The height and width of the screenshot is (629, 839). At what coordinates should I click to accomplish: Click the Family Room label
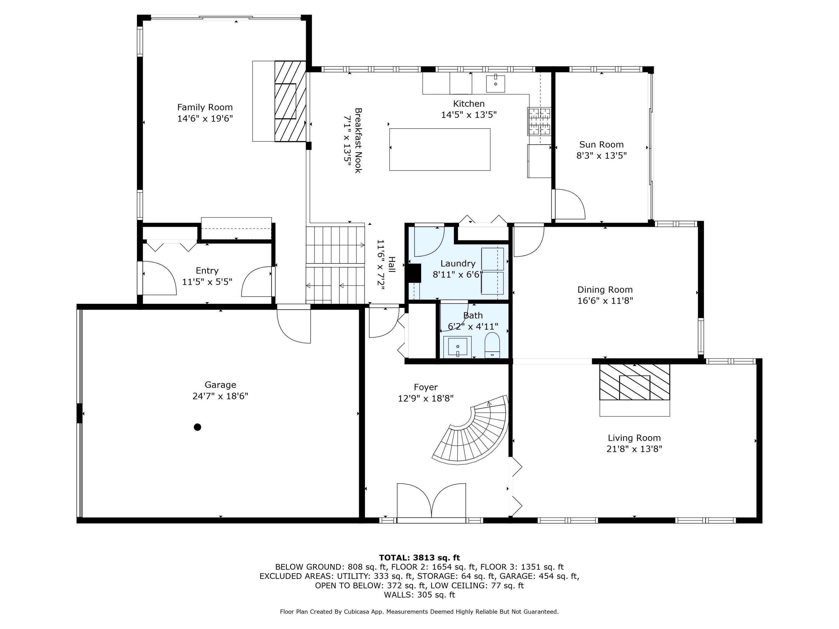[x=205, y=107]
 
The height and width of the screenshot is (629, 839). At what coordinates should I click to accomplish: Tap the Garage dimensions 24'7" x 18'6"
[x=220, y=396]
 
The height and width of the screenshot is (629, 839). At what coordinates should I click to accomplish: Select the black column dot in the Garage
[x=197, y=427]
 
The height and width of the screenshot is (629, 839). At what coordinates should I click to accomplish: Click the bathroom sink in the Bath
[x=458, y=347]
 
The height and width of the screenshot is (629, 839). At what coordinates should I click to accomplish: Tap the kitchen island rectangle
[x=440, y=149]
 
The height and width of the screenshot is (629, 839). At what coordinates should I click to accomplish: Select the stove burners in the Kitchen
[x=539, y=121]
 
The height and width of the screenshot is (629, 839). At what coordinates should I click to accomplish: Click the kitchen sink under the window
[x=495, y=83]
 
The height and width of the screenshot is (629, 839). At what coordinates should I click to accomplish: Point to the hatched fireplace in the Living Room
[x=634, y=382]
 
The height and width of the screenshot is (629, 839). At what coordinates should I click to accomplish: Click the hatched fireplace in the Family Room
[x=290, y=101]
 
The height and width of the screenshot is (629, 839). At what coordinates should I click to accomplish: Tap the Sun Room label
[x=601, y=145]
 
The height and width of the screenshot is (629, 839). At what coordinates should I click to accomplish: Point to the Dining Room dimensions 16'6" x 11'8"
[x=605, y=301]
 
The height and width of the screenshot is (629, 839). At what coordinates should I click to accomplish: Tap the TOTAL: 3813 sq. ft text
[x=419, y=557]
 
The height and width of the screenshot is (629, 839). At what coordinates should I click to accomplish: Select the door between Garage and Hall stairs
[x=294, y=324]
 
